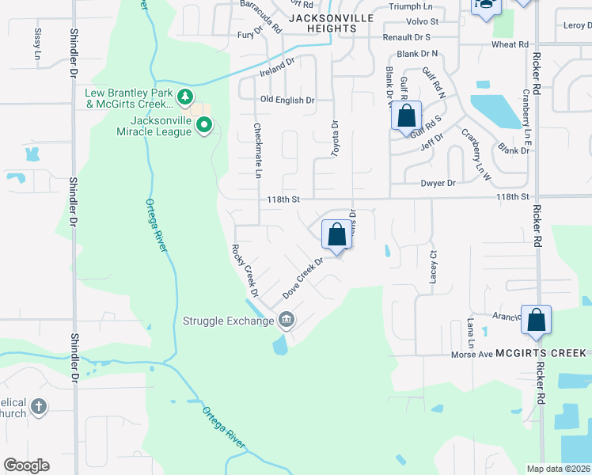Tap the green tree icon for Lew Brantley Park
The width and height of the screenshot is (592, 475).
pos(185,97)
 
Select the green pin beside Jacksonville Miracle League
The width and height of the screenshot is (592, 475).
pos(204,125)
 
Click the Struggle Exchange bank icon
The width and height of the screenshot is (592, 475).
pos(286,321)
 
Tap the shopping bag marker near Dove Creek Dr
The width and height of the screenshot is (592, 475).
pos(336,234)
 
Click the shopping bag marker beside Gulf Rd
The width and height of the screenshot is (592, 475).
pos(406,116)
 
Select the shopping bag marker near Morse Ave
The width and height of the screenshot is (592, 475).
pos(536,320)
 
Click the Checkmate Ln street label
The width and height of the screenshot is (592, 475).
pos(257,150)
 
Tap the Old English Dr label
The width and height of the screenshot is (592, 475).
pos(287,101)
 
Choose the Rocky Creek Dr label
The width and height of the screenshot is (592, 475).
pos(245,271)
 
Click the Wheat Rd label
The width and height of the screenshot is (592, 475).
pos(509,45)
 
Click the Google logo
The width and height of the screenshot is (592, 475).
pos(27,465)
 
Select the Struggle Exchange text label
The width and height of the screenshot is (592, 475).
pos(228,321)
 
